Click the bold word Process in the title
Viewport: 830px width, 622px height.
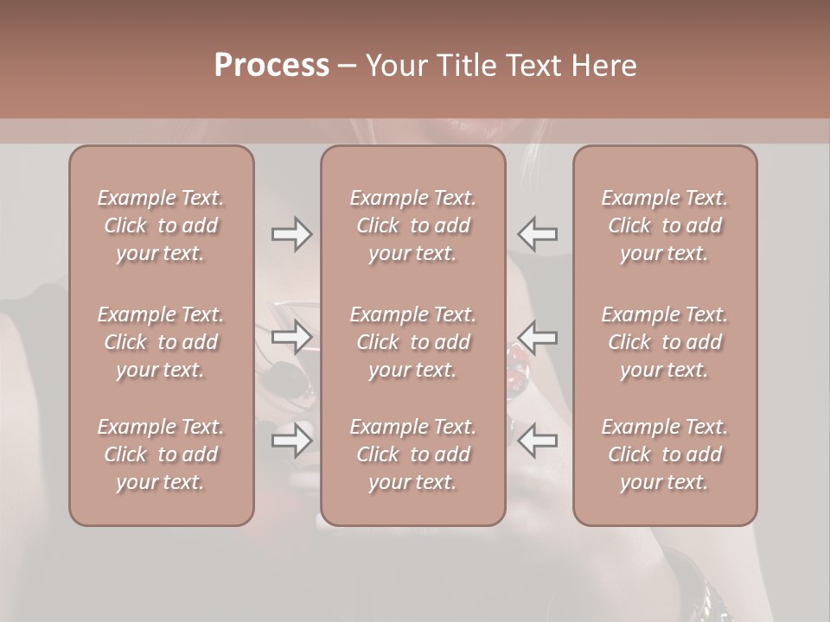[271, 66]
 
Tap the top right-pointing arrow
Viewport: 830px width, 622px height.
[292, 234]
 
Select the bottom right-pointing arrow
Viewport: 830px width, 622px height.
[292, 441]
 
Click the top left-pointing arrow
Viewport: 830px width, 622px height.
[537, 234]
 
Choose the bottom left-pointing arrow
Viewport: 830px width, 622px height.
[537, 441]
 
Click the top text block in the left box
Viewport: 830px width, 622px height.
[161, 225]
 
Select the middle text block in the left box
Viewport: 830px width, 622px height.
[161, 342]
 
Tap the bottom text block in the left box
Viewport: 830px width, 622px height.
[161, 454]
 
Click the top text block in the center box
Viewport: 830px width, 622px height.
[412, 225]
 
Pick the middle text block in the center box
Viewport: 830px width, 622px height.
[412, 342]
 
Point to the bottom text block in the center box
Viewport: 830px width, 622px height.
[412, 454]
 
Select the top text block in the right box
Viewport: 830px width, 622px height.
[664, 225]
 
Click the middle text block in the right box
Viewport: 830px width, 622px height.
[664, 342]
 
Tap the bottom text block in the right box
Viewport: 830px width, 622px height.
[664, 454]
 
